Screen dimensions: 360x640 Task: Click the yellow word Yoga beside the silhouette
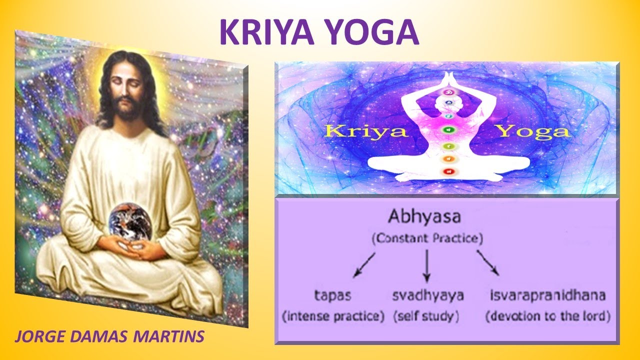click(532, 131)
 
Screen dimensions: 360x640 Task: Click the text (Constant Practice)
click(427, 238)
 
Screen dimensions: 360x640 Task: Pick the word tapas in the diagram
click(332, 295)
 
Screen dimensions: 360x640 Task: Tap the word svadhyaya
click(427, 295)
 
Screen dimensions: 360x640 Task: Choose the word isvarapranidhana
click(548, 295)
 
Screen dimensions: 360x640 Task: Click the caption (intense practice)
click(333, 316)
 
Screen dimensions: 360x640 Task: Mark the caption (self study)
click(426, 316)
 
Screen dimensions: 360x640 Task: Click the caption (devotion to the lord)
click(548, 316)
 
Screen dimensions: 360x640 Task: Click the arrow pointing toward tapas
click(364, 264)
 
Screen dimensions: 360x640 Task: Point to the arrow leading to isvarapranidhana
click(487, 263)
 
